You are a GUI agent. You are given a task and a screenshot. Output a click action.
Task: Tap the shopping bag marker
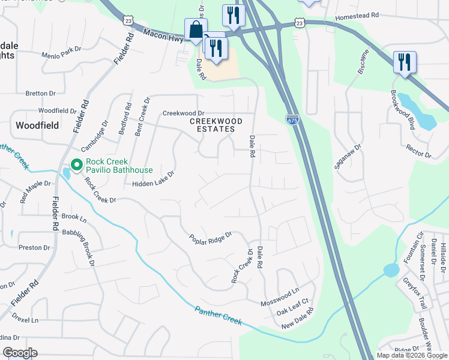pyautogui.click(x=196, y=29)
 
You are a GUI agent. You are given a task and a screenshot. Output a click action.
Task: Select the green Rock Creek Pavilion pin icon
pyautogui.click(x=77, y=164)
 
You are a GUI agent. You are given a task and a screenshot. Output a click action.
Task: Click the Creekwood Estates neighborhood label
pyautogui.click(x=216, y=125)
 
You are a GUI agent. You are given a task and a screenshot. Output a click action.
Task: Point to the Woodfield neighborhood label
pyautogui.click(x=37, y=125)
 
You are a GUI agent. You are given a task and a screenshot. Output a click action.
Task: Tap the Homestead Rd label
pyautogui.click(x=358, y=17)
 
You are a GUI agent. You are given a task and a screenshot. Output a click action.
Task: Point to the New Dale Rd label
pyautogui.click(x=298, y=319)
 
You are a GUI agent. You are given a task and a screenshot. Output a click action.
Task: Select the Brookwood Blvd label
pyautogui.click(x=403, y=110)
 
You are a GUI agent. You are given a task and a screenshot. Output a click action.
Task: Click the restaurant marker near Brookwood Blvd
pyautogui.click(x=405, y=62)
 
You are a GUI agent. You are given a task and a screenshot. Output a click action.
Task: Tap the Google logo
pyautogui.click(x=19, y=353)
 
